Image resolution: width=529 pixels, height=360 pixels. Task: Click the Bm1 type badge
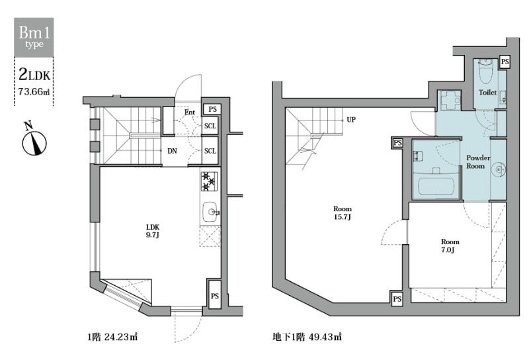(x=34, y=37)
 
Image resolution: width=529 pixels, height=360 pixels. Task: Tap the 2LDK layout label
(x=34, y=74)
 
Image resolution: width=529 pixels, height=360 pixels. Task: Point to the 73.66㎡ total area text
(x=34, y=91)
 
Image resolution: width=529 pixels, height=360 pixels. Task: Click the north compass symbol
(x=34, y=140)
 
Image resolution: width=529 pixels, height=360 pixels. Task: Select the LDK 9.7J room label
(x=153, y=231)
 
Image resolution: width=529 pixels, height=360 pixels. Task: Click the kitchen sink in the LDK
(x=210, y=212)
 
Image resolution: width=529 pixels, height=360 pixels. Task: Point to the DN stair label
(x=172, y=151)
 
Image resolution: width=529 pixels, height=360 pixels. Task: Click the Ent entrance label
(x=190, y=112)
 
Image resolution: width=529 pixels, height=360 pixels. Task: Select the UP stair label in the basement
(x=351, y=120)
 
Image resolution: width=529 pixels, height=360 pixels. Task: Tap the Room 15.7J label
(x=343, y=213)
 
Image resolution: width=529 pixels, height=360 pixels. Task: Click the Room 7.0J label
(x=450, y=246)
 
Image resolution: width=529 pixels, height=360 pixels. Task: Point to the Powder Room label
(x=477, y=161)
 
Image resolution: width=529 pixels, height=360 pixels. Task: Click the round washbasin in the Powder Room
(x=499, y=169)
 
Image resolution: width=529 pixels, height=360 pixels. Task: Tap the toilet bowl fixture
(x=485, y=72)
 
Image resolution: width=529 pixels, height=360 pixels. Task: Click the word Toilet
(x=487, y=92)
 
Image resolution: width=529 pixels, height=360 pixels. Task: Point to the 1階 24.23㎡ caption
(x=112, y=337)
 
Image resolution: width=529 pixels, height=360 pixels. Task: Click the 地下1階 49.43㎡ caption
(x=307, y=337)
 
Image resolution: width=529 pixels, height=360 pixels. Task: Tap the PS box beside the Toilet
(x=505, y=62)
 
